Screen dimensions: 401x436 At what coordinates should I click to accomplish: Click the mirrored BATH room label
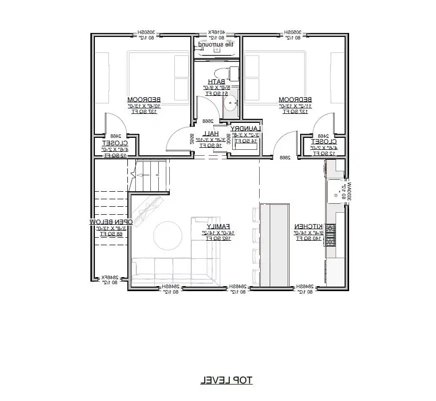(x=216, y=81)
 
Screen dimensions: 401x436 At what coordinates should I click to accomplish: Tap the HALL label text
(x=211, y=134)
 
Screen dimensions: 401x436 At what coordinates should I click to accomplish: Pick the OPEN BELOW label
(x=111, y=221)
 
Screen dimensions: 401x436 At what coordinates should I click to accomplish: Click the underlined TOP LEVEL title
(x=226, y=381)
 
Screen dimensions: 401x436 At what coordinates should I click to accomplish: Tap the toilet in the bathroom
(x=231, y=73)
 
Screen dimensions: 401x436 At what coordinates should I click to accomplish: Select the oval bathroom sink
(x=230, y=105)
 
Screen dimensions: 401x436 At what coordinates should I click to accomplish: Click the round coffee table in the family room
(x=167, y=236)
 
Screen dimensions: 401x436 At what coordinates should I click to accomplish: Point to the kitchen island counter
(x=274, y=245)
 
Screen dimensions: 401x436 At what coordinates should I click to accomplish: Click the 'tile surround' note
(x=216, y=45)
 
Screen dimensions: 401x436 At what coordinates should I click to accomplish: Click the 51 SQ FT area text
(x=216, y=93)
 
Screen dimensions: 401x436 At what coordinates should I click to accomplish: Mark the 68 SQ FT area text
(x=111, y=233)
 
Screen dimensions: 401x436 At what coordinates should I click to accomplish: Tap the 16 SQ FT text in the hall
(x=211, y=145)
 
